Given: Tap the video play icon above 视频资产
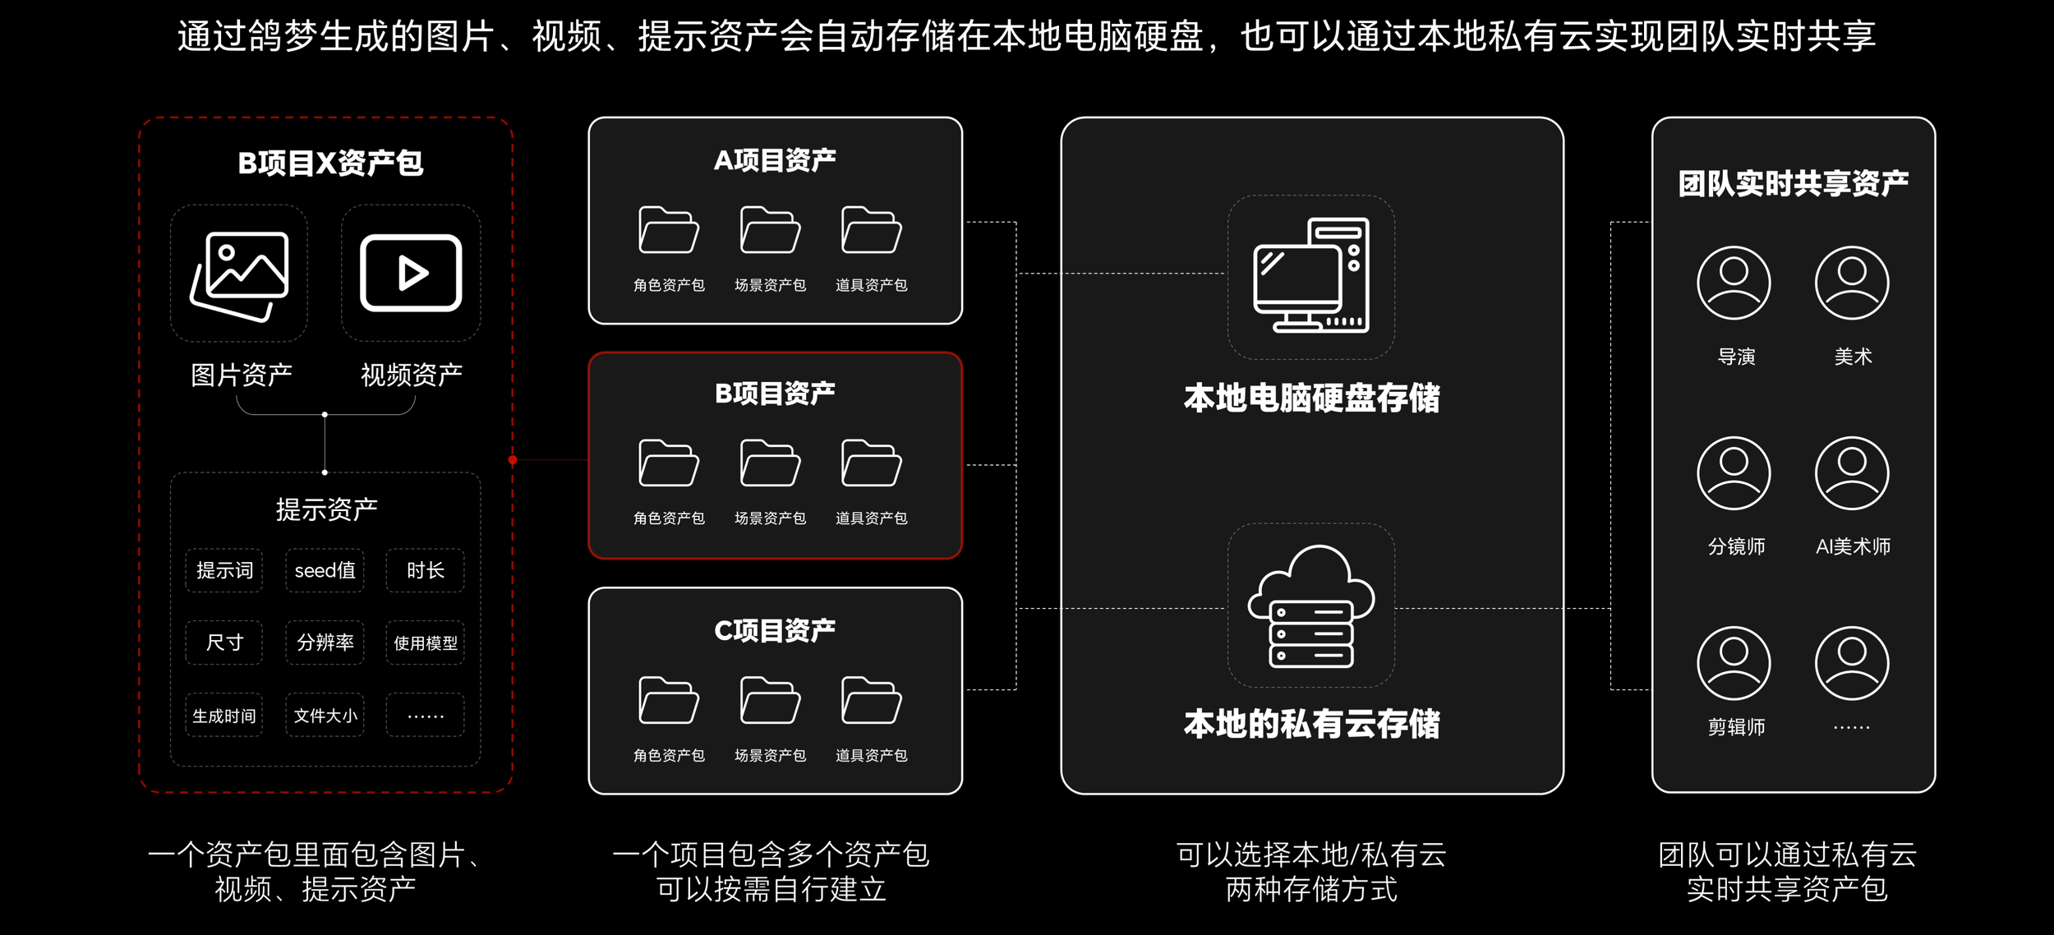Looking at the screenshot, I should click(x=411, y=273).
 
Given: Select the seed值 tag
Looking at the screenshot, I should click(x=325, y=570).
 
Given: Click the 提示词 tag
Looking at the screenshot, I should click(x=224, y=570).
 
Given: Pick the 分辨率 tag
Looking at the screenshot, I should click(x=325, y=643).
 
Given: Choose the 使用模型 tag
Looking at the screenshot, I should click(x=425, y=643).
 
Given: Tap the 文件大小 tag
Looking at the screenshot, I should click(x=325, y=716).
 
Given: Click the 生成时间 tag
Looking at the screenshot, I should click(x=224, y=716).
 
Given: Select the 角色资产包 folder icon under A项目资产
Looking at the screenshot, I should click(x=669, y=230).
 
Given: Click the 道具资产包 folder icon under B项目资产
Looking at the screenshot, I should click(x=871, y=463).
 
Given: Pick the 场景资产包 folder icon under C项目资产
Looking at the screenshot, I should click(x=770, y=700).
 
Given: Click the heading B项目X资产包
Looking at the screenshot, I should click(x=330, y=163).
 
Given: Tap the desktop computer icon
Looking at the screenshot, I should click(x=1311, y=275).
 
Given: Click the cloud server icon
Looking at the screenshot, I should click(x=1311, y=606).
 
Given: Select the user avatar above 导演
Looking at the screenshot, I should click(x=1734, y=283).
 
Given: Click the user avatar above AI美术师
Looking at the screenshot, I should click(x=1852, y=473).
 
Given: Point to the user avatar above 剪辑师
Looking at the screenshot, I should click(x=1734, y=663).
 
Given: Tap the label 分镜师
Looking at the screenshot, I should click(x=1736, y=546).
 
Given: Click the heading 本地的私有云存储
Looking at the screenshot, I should click(x=1311, y=724).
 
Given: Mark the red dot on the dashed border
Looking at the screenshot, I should click(x=513, y=460).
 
